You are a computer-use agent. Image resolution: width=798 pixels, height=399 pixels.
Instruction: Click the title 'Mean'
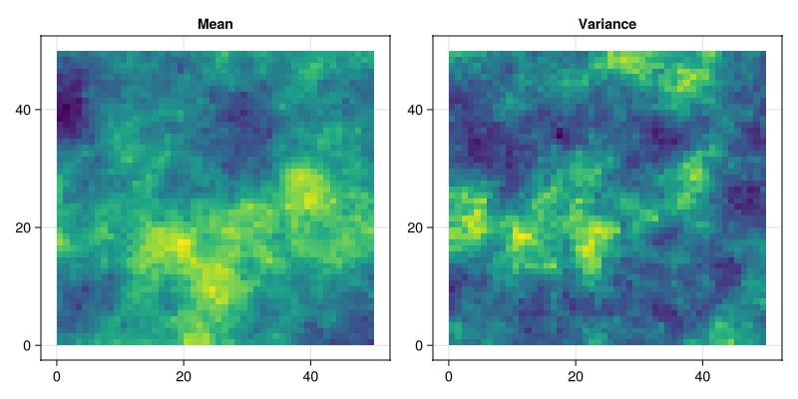[x=215, y=24]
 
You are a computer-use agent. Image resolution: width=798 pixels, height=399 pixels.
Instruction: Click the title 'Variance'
[x=607, y=24]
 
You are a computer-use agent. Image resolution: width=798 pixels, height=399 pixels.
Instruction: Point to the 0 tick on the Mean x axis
[x=57, y=376]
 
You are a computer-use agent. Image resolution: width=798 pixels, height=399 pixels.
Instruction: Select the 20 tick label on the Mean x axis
[x=183, y=376]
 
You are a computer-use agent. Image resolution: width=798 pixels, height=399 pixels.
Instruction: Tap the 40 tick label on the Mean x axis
[x=309, y=376]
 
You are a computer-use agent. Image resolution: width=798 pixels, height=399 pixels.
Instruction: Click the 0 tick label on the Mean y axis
[x=26, y=345]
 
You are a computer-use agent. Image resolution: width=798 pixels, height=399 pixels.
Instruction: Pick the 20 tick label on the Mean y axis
[x=22, y=227]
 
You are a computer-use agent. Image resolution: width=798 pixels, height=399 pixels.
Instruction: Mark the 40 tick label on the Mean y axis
[x=22, y=109]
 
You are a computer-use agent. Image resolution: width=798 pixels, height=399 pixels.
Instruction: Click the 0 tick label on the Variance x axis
[x=449, y=376]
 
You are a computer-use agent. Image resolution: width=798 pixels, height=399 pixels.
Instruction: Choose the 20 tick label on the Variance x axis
[x=575, y=376]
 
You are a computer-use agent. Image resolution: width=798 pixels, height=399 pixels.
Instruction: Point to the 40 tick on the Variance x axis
[x=701, y=376]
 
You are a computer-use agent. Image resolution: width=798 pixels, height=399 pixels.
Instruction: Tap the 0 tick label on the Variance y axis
[x=418, y=345]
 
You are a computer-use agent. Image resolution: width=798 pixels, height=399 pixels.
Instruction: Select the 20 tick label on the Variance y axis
[x=414, y=227]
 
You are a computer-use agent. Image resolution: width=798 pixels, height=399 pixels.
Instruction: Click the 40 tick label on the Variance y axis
[x=414, y=109]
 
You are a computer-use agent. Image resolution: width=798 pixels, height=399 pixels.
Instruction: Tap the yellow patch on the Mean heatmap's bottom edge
[x=197, y=338]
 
